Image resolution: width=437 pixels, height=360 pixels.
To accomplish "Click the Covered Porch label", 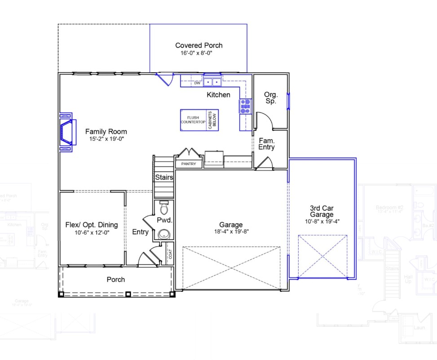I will click(x=199, y=45).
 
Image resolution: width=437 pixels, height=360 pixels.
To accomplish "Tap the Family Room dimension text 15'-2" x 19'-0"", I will click(x=106, y=139).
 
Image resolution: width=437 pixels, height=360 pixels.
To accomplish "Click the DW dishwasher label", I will click(x=197, y=83).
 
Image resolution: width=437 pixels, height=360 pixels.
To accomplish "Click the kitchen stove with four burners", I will click(x=245, y=106).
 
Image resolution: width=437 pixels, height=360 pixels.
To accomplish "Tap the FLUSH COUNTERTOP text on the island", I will click(x=193, y=120).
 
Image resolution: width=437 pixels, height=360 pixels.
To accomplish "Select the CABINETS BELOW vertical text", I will click(x=212, y=120).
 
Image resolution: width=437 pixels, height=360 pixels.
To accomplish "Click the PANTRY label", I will click(x=189, y=164).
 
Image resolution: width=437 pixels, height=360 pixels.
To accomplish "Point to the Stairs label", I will click(x=164, y=177).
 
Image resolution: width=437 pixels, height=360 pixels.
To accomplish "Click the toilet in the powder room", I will click(x=164, y=208).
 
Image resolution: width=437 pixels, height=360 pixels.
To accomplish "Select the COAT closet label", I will click(x=170, y=254).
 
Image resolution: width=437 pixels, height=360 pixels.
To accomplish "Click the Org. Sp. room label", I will click(x=271, y=98).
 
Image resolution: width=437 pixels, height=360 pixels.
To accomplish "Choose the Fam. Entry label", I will click(x=266, y=144).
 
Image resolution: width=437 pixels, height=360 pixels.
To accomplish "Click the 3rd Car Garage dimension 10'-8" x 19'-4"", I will click(x=321, y=221).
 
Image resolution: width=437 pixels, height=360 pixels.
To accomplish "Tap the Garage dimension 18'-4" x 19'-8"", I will click(x=231, y=232).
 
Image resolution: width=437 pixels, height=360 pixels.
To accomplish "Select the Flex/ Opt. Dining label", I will click(x=92, y=225).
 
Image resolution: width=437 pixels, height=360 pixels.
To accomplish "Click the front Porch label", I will click(x=115, y=280).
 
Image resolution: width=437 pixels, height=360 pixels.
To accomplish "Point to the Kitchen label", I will click(x=218, y=95).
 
